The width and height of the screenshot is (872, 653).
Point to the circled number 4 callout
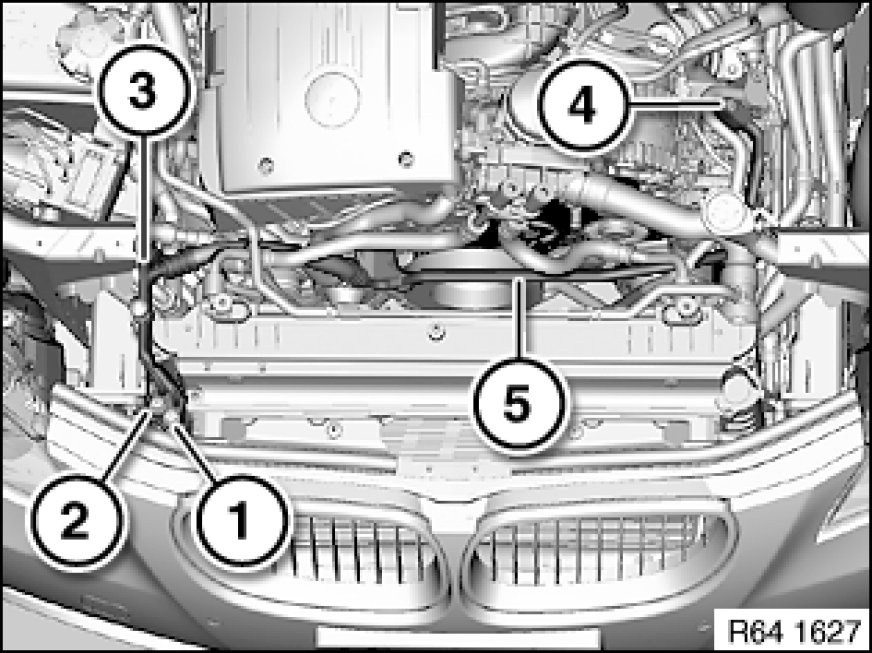coord(583,105)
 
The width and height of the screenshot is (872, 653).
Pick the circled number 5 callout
coord(518,405)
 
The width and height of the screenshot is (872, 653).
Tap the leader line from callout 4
coord(676,103)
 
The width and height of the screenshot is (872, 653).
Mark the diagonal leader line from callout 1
coord(196,452)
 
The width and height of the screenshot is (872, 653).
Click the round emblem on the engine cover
coord(332,100)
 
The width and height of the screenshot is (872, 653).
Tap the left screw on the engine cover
coord(266,164)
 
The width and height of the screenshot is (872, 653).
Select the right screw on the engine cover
coord(407,157)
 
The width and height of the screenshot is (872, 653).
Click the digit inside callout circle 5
coord(518,405)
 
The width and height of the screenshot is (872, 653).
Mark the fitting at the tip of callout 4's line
coord(729,103)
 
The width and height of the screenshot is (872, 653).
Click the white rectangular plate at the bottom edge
coord(458,639)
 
